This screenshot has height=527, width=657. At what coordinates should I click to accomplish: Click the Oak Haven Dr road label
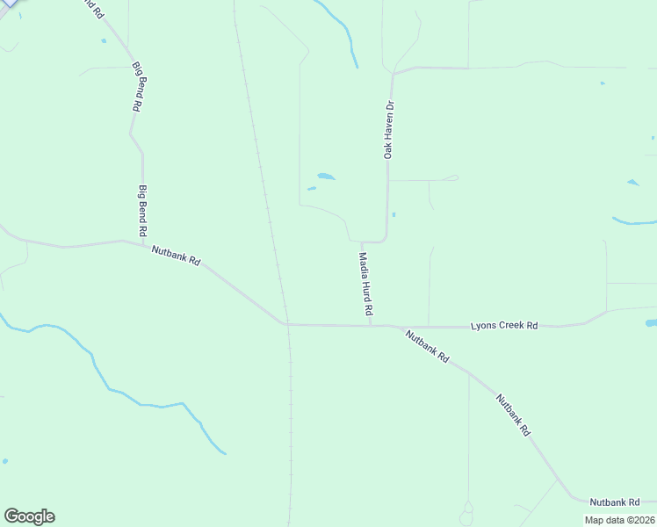388,130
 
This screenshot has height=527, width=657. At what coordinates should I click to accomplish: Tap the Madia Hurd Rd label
365,285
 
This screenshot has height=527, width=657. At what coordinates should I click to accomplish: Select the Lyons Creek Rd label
504,325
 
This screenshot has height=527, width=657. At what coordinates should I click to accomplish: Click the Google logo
29,516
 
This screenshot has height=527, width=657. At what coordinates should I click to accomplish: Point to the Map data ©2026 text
618,520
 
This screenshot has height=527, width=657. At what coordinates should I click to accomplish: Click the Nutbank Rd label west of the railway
177,256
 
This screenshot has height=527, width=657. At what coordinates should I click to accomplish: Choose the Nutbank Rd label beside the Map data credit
614,502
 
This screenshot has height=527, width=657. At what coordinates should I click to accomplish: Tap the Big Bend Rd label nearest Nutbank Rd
141,210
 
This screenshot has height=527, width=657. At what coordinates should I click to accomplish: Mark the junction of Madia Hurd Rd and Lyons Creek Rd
370,325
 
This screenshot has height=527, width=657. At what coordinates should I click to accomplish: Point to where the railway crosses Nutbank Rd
286,322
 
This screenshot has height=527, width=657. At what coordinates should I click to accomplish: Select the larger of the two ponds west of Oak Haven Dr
326,177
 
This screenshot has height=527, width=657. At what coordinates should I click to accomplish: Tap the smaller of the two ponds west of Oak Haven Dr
311,188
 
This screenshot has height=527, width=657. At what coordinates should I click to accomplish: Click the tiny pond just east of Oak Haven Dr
393,214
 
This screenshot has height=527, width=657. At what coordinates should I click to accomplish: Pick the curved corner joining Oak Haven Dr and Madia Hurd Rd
384,239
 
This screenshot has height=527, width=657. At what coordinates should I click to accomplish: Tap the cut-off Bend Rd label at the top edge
90,8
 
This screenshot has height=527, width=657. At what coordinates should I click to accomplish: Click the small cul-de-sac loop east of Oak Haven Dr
454,177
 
